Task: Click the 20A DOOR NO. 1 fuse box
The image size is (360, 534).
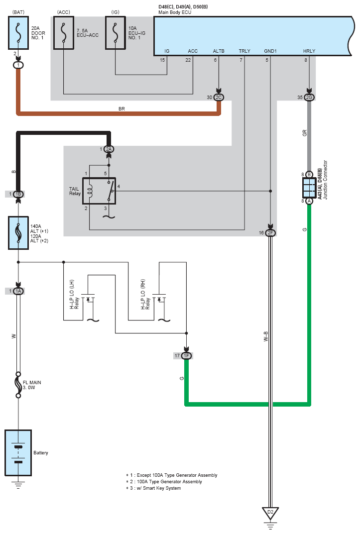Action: tap(18, 33)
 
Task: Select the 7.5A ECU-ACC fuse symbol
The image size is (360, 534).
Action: tap(64, 33)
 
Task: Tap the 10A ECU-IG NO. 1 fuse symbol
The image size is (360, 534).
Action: tap(116, 33)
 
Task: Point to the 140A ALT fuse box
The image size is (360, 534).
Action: tap(18, 233)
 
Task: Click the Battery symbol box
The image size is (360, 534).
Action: tap(18, 452)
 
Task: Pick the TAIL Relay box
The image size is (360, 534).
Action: tap(99, 191)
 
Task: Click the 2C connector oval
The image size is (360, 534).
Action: tap(219, 98)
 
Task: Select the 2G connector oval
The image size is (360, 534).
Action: tap(309, 98)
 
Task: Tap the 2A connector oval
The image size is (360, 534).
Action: tap(109, 149)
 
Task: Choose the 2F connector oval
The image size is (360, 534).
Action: tap(270, 233)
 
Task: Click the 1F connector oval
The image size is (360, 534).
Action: tap(186, 356)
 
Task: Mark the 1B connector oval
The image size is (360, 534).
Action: tap(18, 194)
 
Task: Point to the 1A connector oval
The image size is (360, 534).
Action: tap(18, 291)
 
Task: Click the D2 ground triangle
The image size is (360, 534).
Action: tap(270, 513)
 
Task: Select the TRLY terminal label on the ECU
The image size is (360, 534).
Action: tap(244, 51)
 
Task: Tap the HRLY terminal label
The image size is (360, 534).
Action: tap(309, 51)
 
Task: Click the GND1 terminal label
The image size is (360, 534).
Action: tap(270, 51)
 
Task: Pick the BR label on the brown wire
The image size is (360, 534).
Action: tap(121, 109)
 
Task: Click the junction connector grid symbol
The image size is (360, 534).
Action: tap(309, 188)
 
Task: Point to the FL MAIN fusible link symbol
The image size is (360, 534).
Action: tap(18, 385)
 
